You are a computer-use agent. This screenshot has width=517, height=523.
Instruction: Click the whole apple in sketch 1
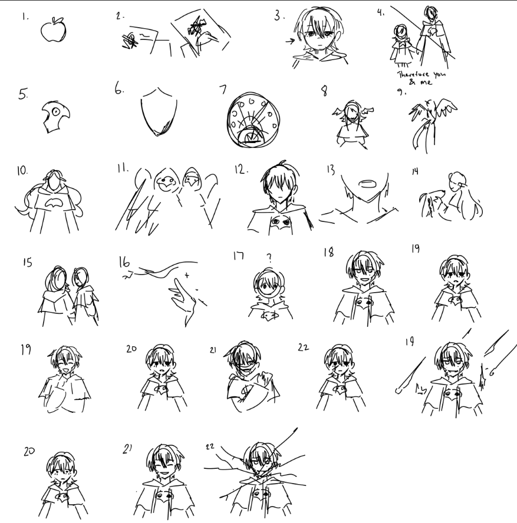tap(54, 29)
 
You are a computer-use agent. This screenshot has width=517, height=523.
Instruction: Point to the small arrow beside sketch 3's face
tap(290, 41)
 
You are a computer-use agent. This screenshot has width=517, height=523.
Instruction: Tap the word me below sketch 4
tap(426, 82)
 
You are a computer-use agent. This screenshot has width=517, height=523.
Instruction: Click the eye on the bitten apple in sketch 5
tap(56, 111)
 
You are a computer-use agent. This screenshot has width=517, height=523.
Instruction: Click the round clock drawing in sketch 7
tap(253, 120)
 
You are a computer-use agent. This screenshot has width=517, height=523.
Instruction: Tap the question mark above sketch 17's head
tap(269, 257)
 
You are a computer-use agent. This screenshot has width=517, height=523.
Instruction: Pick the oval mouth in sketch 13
tap(367, 184)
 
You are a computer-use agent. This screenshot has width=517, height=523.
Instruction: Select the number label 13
tap(331, 170)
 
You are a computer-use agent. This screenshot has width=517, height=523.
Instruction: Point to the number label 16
tap(124, 262)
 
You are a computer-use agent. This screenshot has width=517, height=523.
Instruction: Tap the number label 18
tap(328, 252)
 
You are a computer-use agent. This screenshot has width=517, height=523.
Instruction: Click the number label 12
tap(241, 170)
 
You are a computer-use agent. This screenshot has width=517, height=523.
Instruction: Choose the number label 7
tap(223, 89)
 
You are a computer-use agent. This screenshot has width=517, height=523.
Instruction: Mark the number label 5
tap(23, 94)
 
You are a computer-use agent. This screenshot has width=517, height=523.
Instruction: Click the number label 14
tap(415, 171)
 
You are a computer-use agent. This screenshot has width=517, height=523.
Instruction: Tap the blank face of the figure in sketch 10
tap(55, 182)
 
